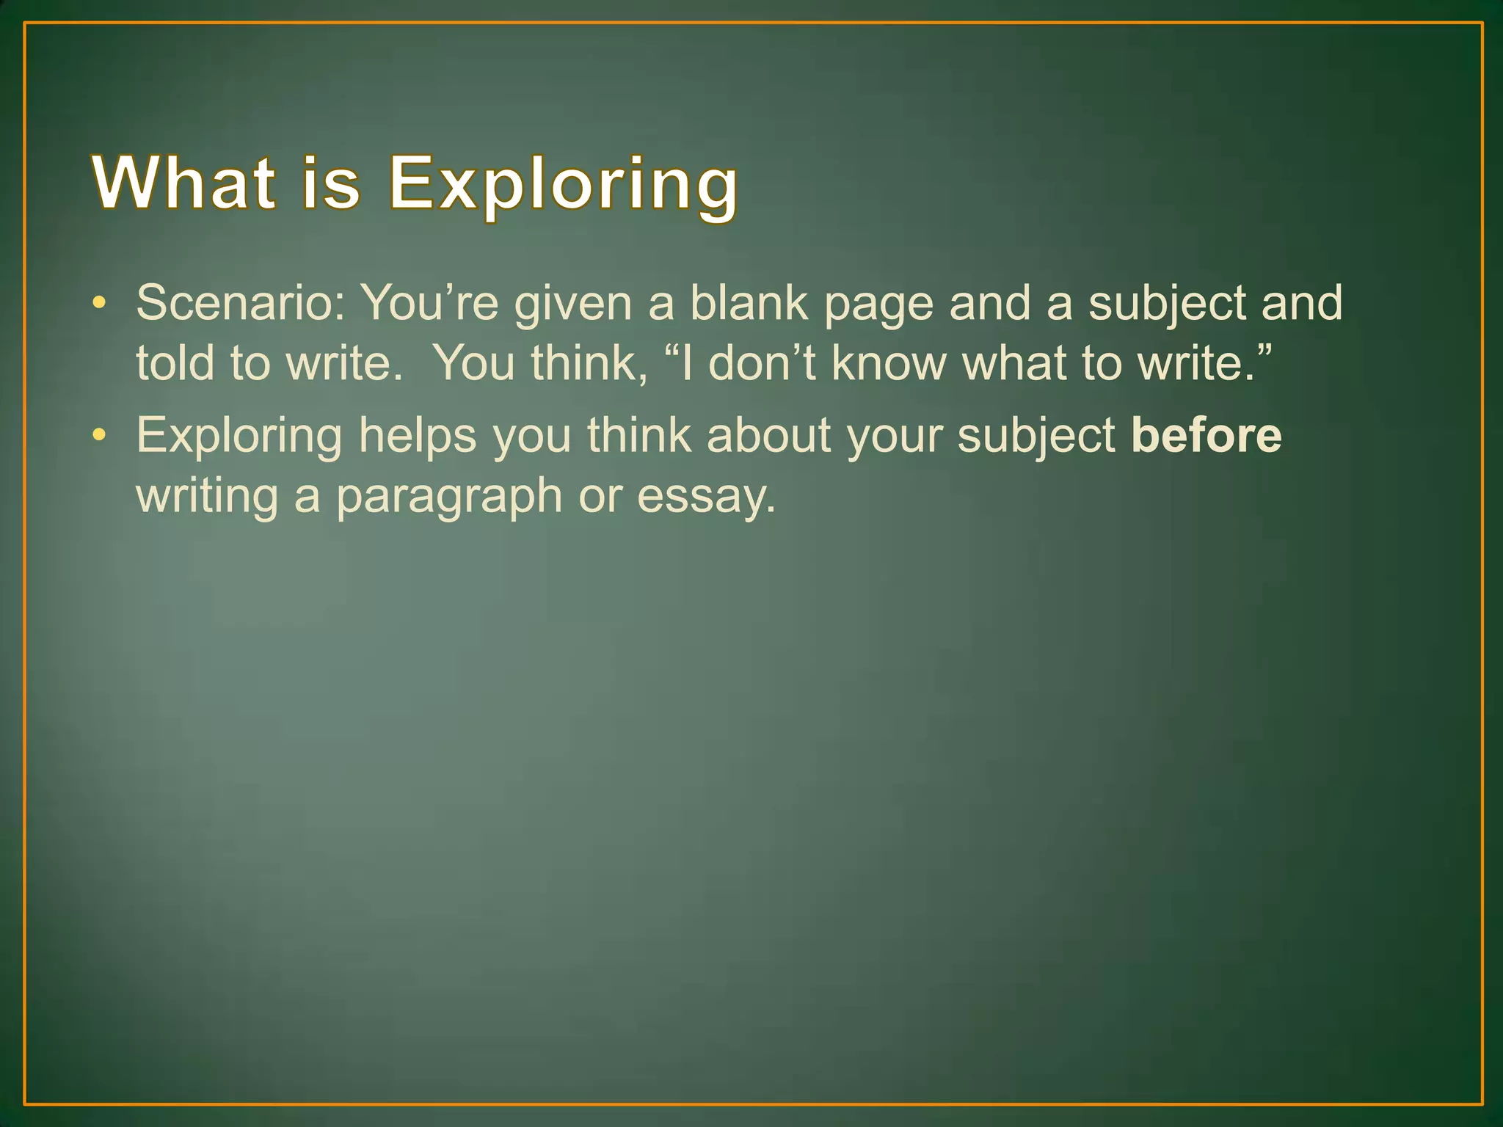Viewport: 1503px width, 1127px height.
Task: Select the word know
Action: click(889, 362)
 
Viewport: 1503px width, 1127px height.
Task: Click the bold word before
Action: click(1207, 436)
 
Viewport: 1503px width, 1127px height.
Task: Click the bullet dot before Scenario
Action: click(100, 303)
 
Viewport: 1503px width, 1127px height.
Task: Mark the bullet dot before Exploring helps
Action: click(100, 436)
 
